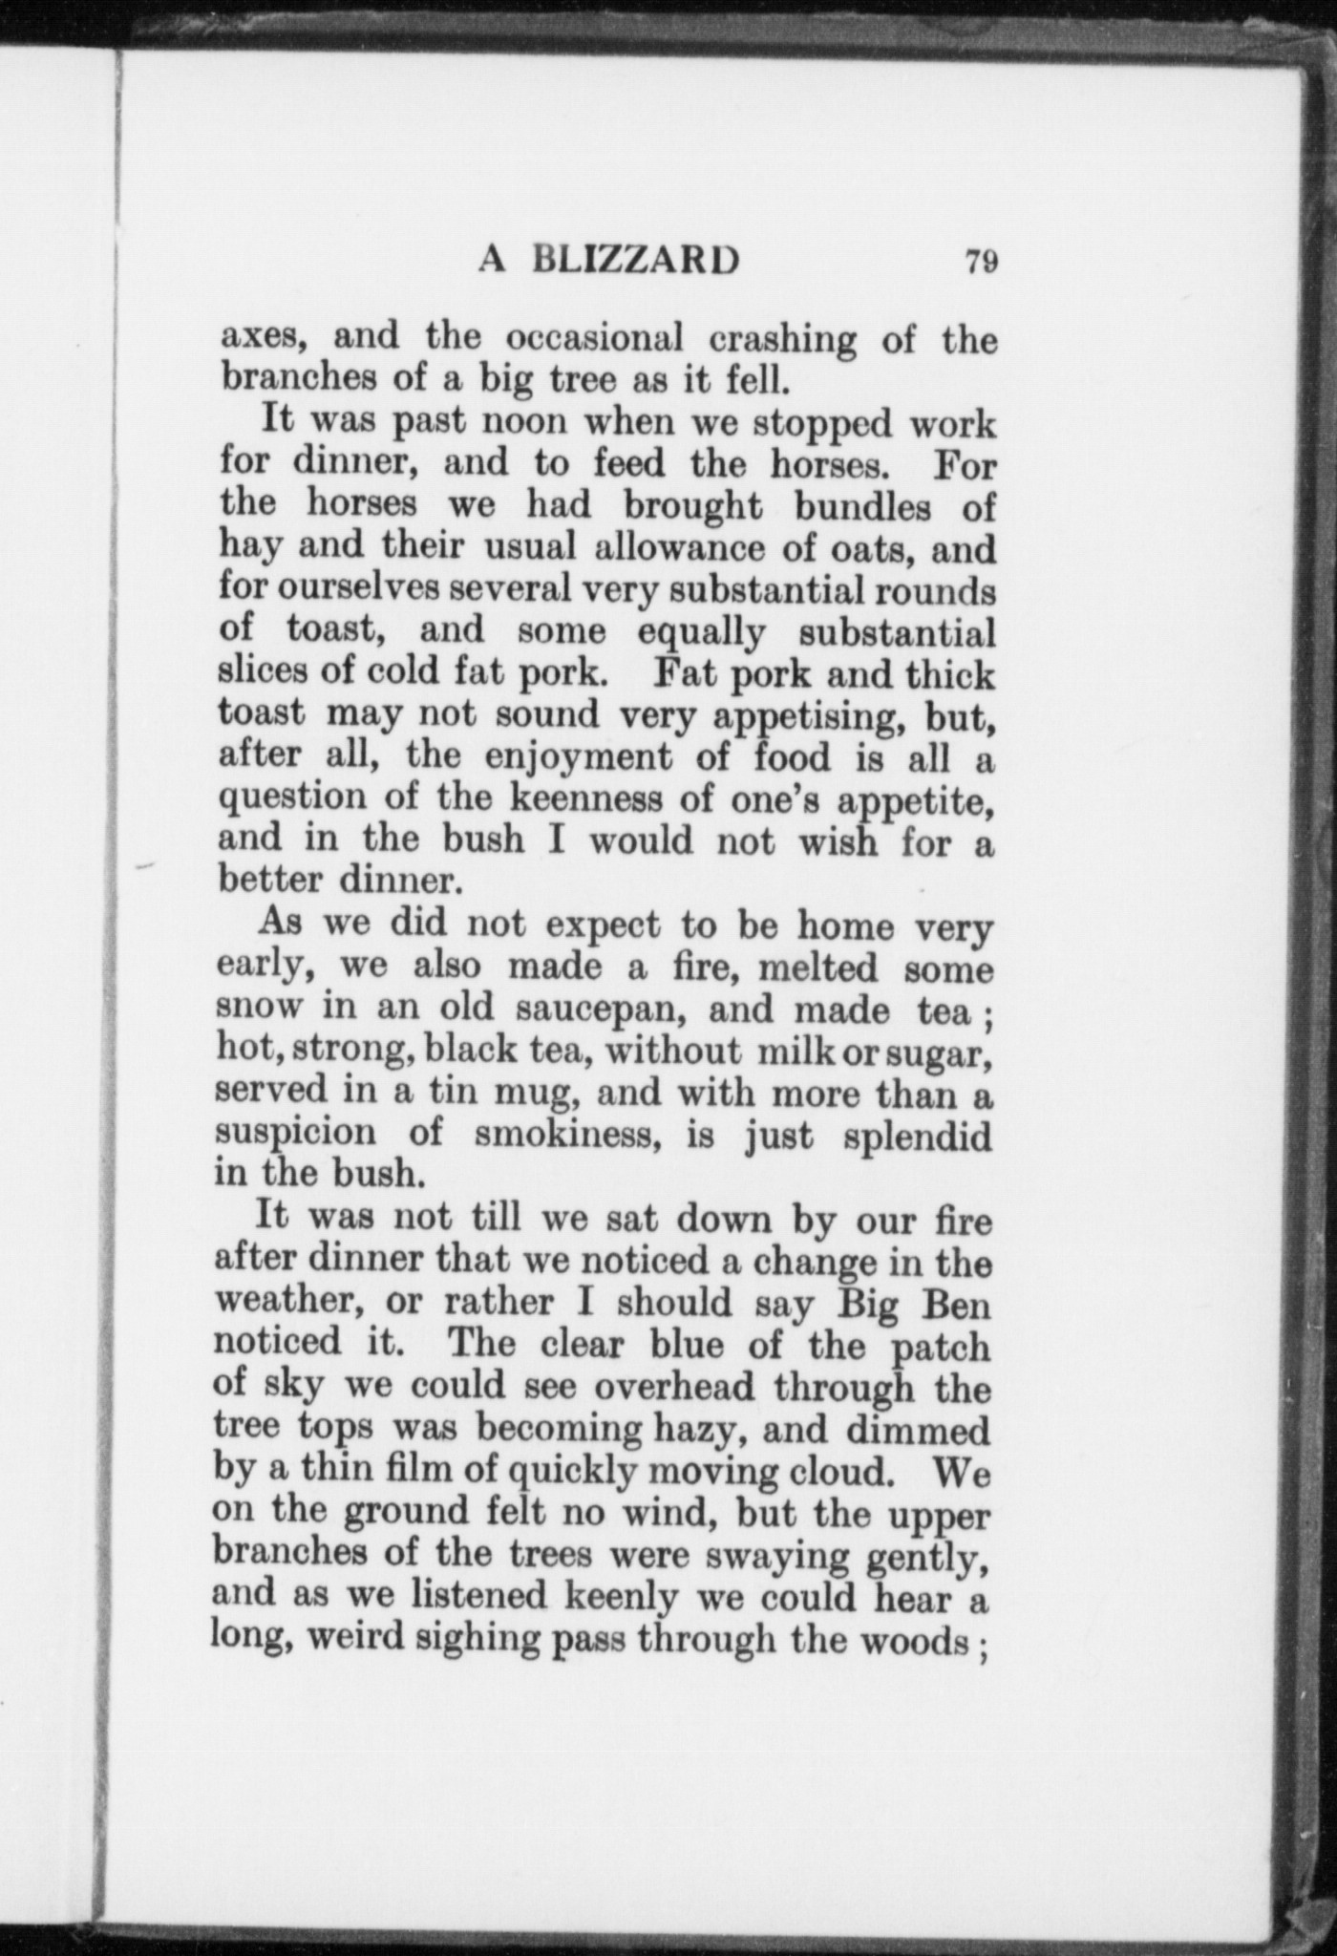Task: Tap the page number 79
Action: (x=982, y=261)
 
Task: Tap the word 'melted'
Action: (x=817, y=967)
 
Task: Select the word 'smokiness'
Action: (x=567, y=1136)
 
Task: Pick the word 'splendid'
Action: (x=919, y=1137)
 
